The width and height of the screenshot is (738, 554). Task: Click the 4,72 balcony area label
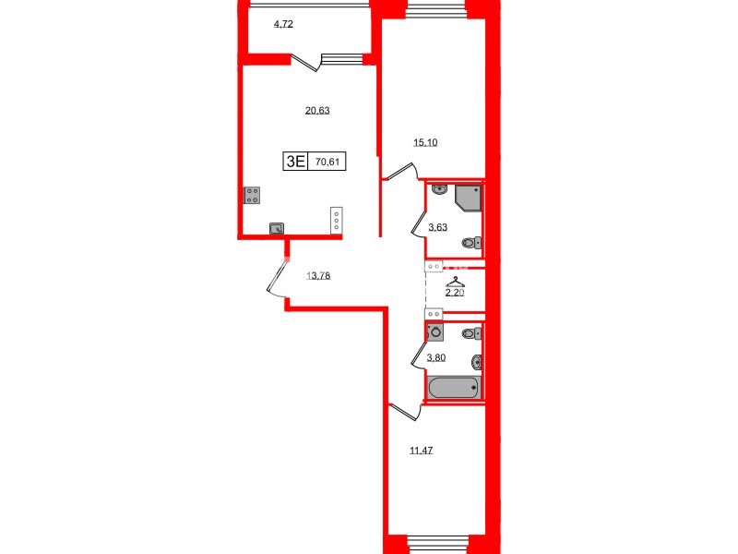[283, 24]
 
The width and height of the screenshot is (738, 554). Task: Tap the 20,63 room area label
[317, 110]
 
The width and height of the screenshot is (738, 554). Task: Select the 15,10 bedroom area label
[424, 142]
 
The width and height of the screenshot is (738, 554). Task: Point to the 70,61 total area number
[326, 161]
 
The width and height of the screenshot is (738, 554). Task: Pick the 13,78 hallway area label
[317, 275]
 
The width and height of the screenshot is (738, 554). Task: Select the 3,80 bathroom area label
[436, 357]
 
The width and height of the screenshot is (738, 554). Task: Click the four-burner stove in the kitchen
[252, 195]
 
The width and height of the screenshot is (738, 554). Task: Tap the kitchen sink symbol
[276, 229]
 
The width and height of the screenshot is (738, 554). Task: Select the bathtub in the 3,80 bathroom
[452, 387]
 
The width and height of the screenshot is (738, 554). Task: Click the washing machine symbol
[435, 333]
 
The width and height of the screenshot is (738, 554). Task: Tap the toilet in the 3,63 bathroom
[471, 244]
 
